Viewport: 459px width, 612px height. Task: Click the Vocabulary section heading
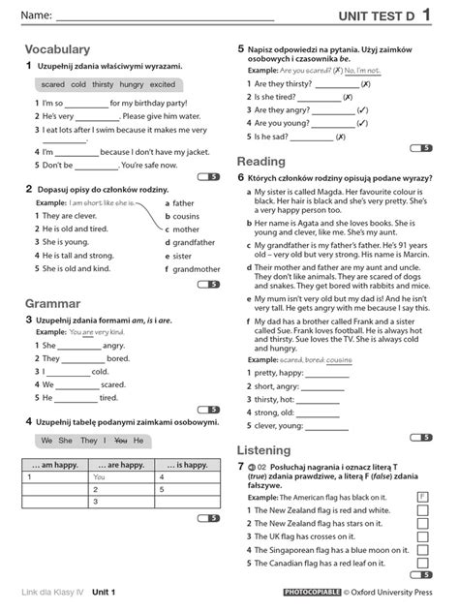[x=58, y=49]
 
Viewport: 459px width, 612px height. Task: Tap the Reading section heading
[x=260, y=162]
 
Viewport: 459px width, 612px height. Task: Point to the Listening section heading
[x=265, y=449]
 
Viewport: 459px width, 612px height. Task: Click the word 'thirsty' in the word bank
[x=103, y=85]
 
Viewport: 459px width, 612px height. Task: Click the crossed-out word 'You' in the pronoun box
[x=120, y=441]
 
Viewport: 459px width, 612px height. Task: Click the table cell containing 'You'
[x=99, y=477]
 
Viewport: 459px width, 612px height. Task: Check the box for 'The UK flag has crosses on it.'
[x=422, y=535]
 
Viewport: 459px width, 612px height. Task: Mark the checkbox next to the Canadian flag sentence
[x=422, y=563]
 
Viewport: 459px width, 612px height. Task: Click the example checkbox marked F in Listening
[x=422, y=497]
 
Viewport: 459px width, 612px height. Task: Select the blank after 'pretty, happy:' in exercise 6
[x=333, y=373]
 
